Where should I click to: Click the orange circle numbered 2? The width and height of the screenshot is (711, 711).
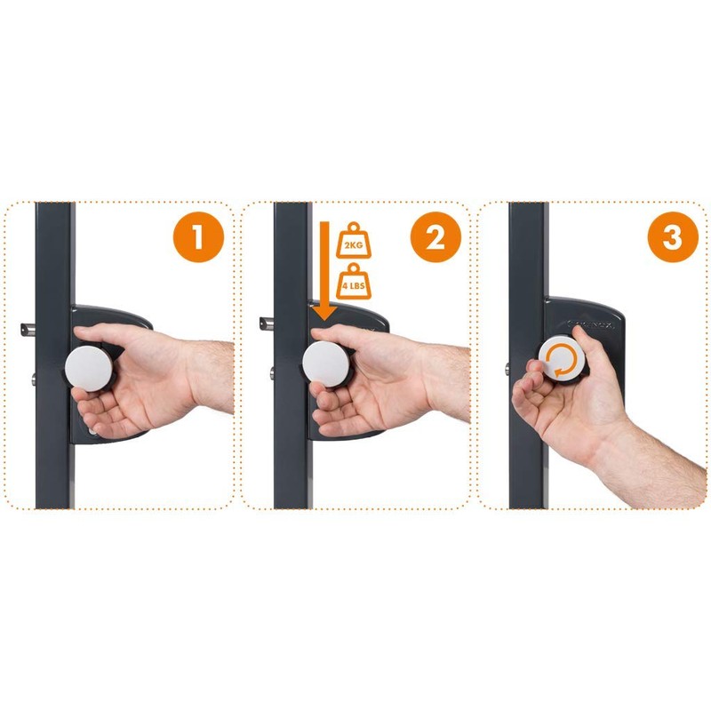tap(435, 238)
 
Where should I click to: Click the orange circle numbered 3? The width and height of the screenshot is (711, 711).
tap(674, 238)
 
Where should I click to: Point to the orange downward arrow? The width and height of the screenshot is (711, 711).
tap(321, 267)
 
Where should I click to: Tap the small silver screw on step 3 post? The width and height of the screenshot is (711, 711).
tap(507, 366)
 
